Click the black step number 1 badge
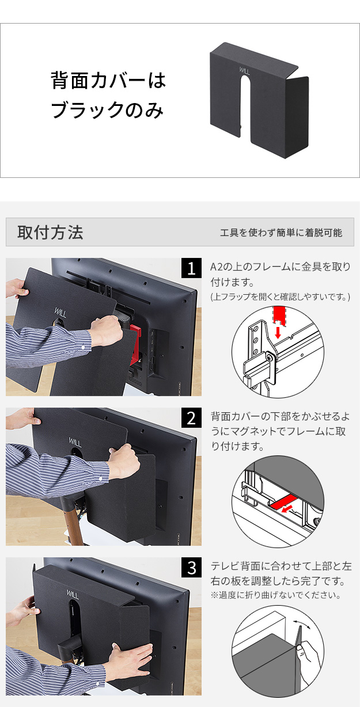191,268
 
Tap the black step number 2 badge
191,417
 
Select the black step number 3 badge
191,567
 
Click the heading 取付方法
50,232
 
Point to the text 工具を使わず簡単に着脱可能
281,233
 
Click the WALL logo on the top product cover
244,71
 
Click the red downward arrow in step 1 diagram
278,332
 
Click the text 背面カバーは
108,81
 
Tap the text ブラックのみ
107,109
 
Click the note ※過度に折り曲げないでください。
276,595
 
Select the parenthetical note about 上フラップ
281,297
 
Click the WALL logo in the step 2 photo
75,442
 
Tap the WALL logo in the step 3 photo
73,594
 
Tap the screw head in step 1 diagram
270,357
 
